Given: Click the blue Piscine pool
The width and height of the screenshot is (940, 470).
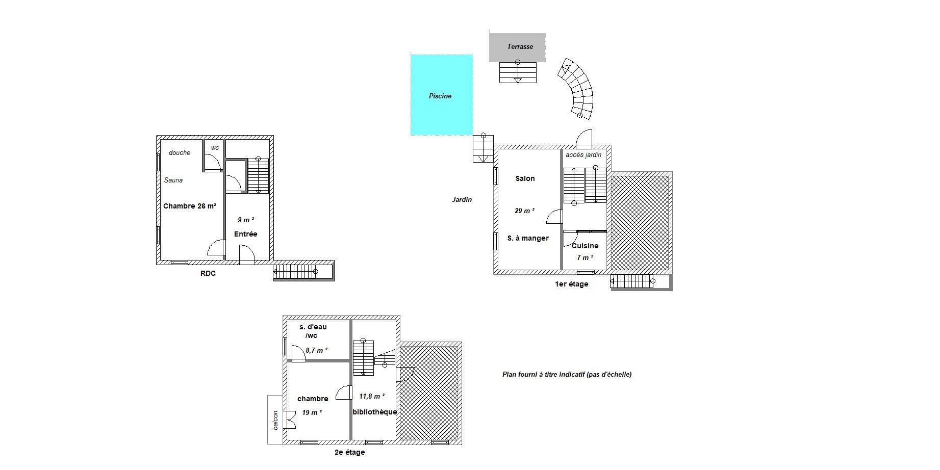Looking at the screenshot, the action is coord(442,95).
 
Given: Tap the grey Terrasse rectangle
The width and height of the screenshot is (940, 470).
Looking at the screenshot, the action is coord(517,47).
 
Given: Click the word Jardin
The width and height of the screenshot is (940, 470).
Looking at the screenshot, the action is coord(462,199).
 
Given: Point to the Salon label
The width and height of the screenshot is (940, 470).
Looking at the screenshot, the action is coord(525,178).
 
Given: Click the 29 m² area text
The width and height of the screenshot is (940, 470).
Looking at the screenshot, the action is coord(525,211).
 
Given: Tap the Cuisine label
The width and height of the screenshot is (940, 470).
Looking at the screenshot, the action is coord(585,246).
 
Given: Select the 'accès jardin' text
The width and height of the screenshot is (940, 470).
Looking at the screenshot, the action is coord(583,155).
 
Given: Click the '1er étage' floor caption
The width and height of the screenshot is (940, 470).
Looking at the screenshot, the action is coord(571,284).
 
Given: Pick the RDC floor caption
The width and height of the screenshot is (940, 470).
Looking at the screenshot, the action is coord(208,273).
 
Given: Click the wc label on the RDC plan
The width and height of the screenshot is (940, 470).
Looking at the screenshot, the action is coord(215,148).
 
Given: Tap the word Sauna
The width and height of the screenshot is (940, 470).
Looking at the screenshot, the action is coord(173,180).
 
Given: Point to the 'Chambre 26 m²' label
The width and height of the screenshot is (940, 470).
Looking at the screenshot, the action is coord(190,206).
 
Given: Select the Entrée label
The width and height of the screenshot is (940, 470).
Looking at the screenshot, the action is coord(245,234).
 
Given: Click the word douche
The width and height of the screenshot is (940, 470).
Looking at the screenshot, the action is coord(180,152).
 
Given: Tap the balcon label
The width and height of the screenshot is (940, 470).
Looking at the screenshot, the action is coord(275,420).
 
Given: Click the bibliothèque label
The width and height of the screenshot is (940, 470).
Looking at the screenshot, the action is coord(374,412).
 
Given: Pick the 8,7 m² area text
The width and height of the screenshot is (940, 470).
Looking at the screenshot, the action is coord(316,350).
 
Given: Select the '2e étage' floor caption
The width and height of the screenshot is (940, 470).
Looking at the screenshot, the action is coord(349,452).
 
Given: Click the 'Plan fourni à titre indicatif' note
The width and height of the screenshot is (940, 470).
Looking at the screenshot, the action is coord(567,374).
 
